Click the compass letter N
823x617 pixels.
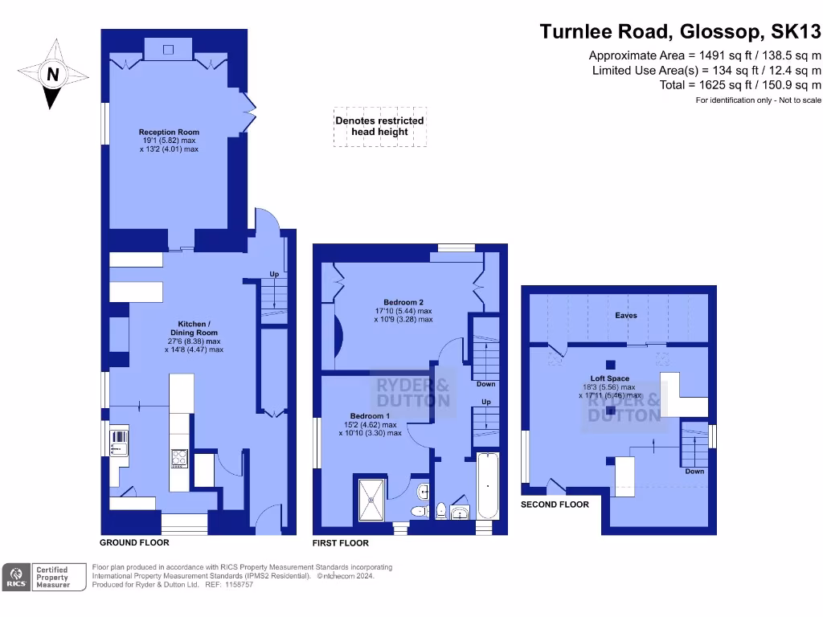pos(53,75)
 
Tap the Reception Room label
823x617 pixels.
pos(169,132)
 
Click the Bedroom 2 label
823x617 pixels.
pos(403,302)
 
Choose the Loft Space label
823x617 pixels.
pos(609,378)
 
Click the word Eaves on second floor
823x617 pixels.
pos(626,316)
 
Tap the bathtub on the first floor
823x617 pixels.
pos(488,485)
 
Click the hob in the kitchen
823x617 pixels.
pos(179,457)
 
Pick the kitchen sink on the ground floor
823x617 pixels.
pos(118,442)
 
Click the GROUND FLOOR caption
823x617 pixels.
pos(134,542)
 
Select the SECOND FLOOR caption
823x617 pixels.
pos(555,505)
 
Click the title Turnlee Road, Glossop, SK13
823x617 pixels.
pos(680,31)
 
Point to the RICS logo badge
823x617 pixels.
pos(15,578)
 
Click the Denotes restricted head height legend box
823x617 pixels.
pos(379,127)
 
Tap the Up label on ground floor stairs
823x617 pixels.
pos(274,274)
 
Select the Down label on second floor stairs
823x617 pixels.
pos(694,471)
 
